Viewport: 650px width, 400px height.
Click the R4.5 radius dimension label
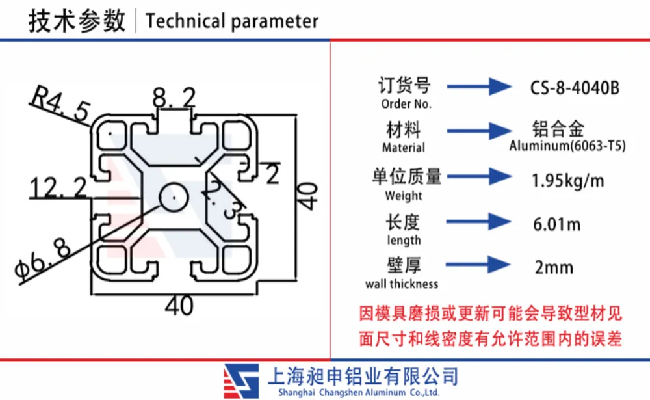point(60,103)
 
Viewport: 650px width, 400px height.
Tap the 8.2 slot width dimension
point(174,98)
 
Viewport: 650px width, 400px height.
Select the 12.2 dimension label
point(58,187)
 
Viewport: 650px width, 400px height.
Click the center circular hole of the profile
point(174,197)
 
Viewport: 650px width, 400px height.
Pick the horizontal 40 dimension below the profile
point(179,306)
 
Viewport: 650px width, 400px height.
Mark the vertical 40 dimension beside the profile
point(307,196)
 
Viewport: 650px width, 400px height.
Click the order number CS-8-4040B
point(575,88)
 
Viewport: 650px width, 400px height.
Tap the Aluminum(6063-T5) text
point(567,146)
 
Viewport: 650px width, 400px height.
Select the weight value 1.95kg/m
point(567,181)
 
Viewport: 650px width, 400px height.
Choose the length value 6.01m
point(556,224)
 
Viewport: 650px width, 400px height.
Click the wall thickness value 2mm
point(554,267)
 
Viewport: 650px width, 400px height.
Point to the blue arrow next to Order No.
point(479,87)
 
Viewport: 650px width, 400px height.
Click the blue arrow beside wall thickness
point(478,265)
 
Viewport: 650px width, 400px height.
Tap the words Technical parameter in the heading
point(232,21)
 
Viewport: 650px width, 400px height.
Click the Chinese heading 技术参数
point(77,21)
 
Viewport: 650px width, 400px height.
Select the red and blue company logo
point(241,381)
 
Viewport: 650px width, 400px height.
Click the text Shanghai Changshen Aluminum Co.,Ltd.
point(359,393)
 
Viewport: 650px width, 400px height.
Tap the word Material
point(404,148)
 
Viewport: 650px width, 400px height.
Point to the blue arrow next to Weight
point(479,176)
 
